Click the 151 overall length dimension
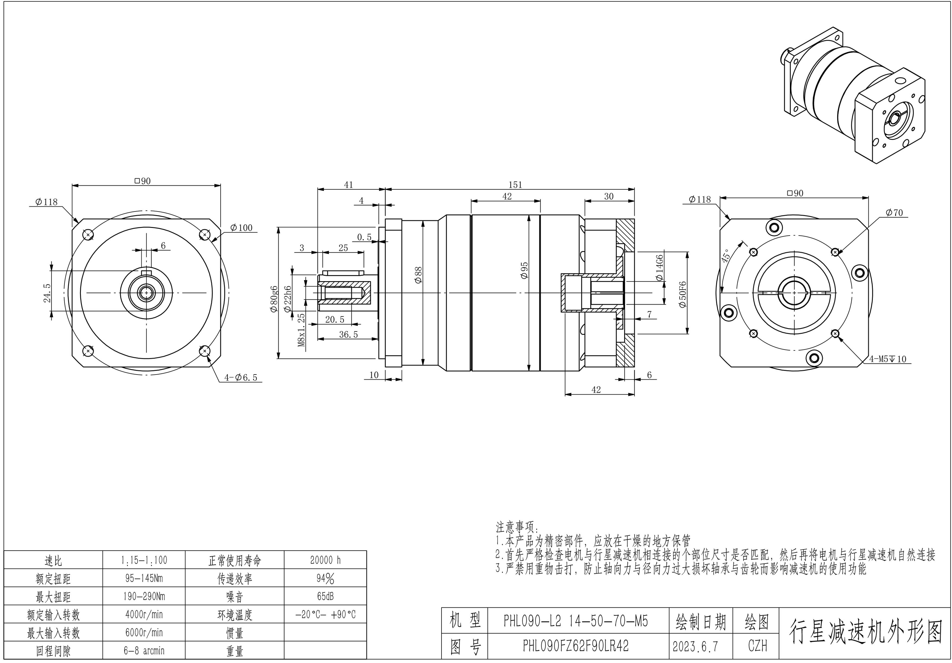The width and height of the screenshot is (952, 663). click(x=515, y=185)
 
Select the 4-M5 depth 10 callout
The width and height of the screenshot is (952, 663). click(x=888, y=359)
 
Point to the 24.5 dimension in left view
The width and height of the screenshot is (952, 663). click(x=47, y=293)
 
